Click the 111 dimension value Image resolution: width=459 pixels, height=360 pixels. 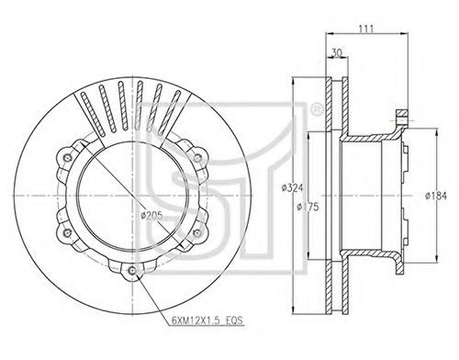(366, 28)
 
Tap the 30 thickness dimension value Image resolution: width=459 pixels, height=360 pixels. (337, 52)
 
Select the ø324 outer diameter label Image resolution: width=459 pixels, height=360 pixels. (293, 187)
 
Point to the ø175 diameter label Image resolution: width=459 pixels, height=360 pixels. (308, 207)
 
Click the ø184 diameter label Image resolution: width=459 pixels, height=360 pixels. (436, 196)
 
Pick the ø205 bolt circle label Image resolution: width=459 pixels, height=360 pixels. (151, 216)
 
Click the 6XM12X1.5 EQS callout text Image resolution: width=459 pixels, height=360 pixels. (207, 321)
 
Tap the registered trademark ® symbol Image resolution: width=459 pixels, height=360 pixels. (317, 110)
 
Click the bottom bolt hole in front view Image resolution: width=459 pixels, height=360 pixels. (132, 271)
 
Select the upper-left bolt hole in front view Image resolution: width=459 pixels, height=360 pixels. (67, 158)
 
